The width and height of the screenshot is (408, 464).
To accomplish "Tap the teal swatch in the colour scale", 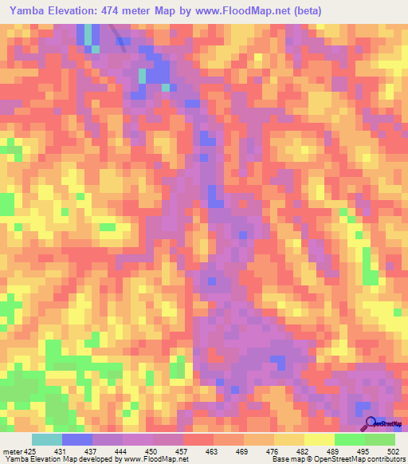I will pyautogui.click(x=47, y=440).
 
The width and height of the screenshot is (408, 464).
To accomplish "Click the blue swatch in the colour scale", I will pyautogui.click(x=77, y=440).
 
